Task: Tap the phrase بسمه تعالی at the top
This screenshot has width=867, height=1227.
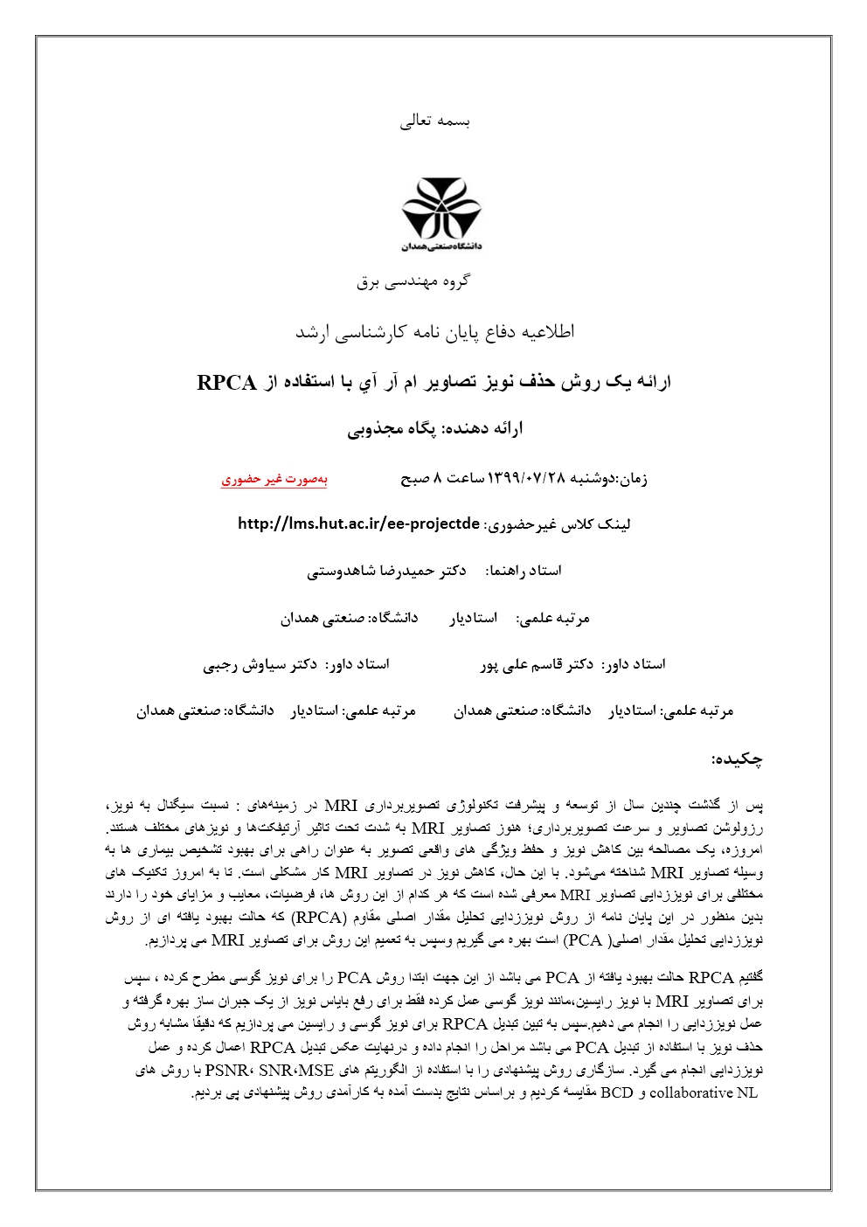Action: click(434, 121)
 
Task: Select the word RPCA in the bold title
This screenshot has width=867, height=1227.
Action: click(226, 383)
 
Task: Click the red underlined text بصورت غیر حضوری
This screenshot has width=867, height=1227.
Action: click(274, 479)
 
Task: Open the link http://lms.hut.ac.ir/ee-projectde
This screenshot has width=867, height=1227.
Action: click(358, 524)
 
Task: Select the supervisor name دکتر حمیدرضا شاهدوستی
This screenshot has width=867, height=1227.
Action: click(386, 571)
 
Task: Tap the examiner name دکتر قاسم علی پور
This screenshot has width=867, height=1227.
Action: click(537, 664)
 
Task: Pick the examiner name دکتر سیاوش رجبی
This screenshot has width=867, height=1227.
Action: click(260, 664)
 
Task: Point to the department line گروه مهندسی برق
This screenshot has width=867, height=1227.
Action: click(413, 281)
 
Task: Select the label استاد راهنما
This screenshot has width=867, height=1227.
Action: click(524, 571)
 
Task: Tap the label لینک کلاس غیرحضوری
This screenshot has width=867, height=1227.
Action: click(558, 524)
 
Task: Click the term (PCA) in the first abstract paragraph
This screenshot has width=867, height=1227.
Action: click(584, 940)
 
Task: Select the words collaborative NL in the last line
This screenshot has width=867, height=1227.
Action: click(704, 1092)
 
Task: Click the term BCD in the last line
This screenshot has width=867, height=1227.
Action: click(617, 1092)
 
